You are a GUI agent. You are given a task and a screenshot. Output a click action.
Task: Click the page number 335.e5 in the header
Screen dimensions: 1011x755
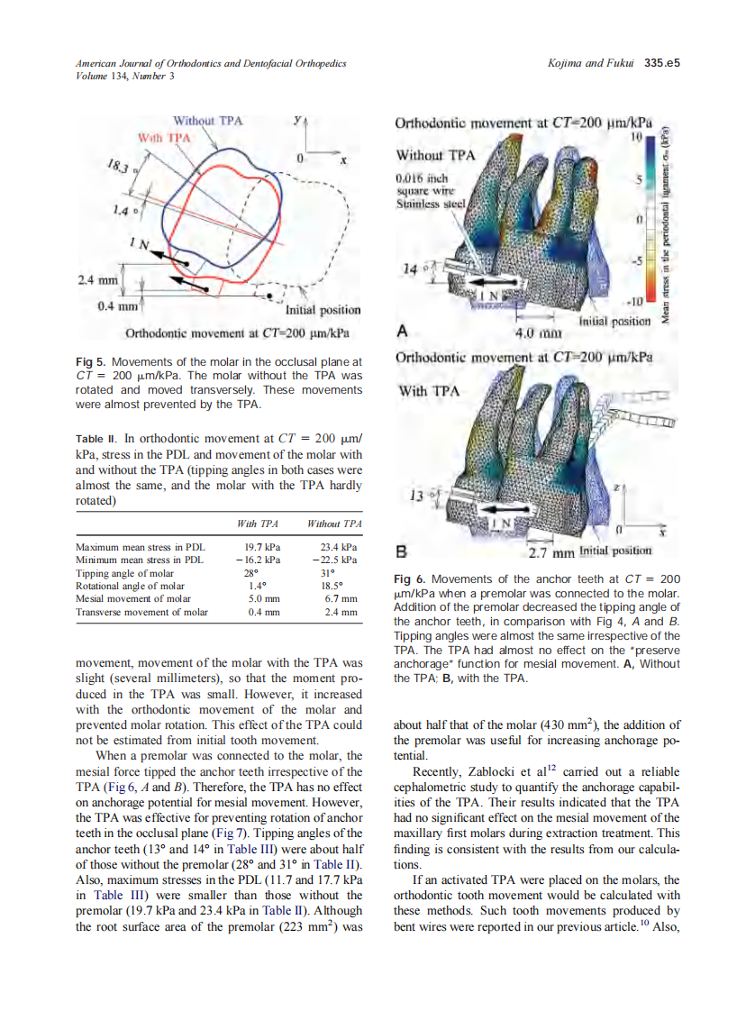tap(661, 64)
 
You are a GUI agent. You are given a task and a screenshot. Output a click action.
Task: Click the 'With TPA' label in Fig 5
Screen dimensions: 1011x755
tap(165, 138)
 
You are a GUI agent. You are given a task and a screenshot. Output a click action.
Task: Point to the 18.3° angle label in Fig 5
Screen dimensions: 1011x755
tap(118, 168)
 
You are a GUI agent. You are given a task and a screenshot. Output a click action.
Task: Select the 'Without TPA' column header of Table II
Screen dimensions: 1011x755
tap(334, 524)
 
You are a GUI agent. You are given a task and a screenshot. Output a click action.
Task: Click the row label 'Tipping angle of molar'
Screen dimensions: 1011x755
tap(125, 573)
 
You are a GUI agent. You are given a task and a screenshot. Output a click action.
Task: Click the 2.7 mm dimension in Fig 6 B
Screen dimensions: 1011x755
tap(550, 551)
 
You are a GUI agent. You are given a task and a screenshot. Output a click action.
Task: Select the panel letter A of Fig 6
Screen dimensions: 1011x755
tap(402, 331)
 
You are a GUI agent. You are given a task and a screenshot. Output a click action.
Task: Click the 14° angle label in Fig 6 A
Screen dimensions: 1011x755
tap(413, 268)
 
